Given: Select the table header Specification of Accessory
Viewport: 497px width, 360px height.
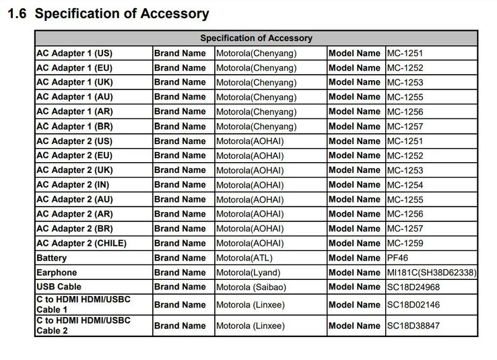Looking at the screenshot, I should [256, 38].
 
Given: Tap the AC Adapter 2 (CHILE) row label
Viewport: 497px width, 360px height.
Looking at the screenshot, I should [81, 243].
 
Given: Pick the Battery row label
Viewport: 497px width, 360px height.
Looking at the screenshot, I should [52, 258].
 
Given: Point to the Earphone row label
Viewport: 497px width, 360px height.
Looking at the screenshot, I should [57, 273].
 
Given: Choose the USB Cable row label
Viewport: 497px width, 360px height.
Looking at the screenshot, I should [59, 287].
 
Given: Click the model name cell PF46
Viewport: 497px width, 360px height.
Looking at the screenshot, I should [397, 258].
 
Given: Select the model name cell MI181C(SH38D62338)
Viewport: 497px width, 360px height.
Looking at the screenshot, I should [431, 273].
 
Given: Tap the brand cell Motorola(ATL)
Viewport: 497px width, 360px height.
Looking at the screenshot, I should [245, 258].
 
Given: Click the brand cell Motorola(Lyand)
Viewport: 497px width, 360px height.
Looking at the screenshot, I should [248, 273].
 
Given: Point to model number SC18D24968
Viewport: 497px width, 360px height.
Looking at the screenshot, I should [413, 287].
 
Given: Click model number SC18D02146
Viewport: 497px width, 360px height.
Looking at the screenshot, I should [413, 305].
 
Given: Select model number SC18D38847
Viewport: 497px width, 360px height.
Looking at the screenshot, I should [413, 326].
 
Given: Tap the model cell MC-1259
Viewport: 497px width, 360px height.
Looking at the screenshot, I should [405, 243].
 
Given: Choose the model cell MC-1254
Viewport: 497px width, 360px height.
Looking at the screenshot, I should [405, 185].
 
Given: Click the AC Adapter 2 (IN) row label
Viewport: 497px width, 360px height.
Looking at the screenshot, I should [73, 184].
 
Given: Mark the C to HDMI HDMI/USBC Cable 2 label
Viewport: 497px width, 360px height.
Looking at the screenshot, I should [83, 326].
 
